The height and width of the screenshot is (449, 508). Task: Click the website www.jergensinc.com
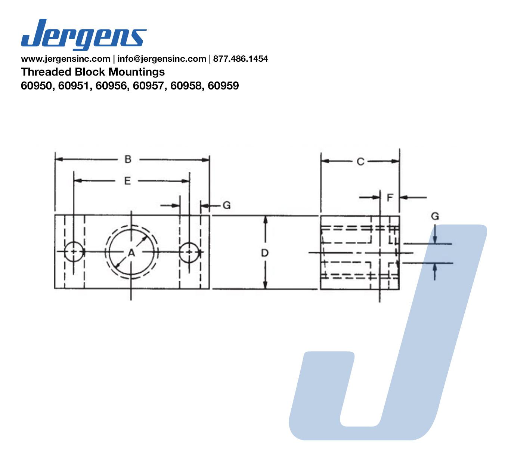66,59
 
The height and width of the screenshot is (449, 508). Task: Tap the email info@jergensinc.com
161,59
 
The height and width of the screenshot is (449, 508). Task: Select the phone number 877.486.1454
240,59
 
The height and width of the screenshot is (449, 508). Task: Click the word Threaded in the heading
46,72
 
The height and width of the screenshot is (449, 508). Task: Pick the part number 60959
223,86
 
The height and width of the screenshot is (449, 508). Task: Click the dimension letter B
128,159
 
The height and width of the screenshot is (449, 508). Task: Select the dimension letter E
127,181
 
